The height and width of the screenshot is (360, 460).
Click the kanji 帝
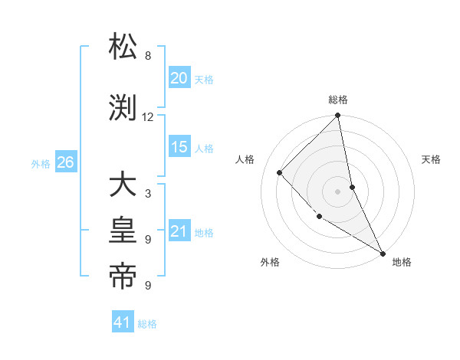pos(123,277)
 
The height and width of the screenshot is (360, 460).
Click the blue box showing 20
pos(179,78)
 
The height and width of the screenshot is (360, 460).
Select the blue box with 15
pos(179,147)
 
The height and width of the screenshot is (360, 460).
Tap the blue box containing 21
pos(179,231)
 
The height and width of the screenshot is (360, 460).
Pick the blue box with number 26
pos(65,162)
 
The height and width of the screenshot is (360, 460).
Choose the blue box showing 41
pos(123,322)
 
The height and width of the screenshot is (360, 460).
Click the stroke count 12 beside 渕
pos(148,117)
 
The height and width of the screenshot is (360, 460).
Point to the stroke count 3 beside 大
pos(148,194)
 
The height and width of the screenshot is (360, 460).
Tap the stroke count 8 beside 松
pos(148,56)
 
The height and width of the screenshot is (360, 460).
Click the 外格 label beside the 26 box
pos(41,163)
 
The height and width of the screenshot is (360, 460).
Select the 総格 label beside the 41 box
pos(147,324)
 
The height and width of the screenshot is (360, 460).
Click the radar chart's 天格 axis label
pos(431,159)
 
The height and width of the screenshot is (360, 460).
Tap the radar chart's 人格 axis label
pos(245,159)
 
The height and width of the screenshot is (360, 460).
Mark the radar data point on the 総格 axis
pos(338,116)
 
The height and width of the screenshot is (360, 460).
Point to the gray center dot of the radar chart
pos(338,191)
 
